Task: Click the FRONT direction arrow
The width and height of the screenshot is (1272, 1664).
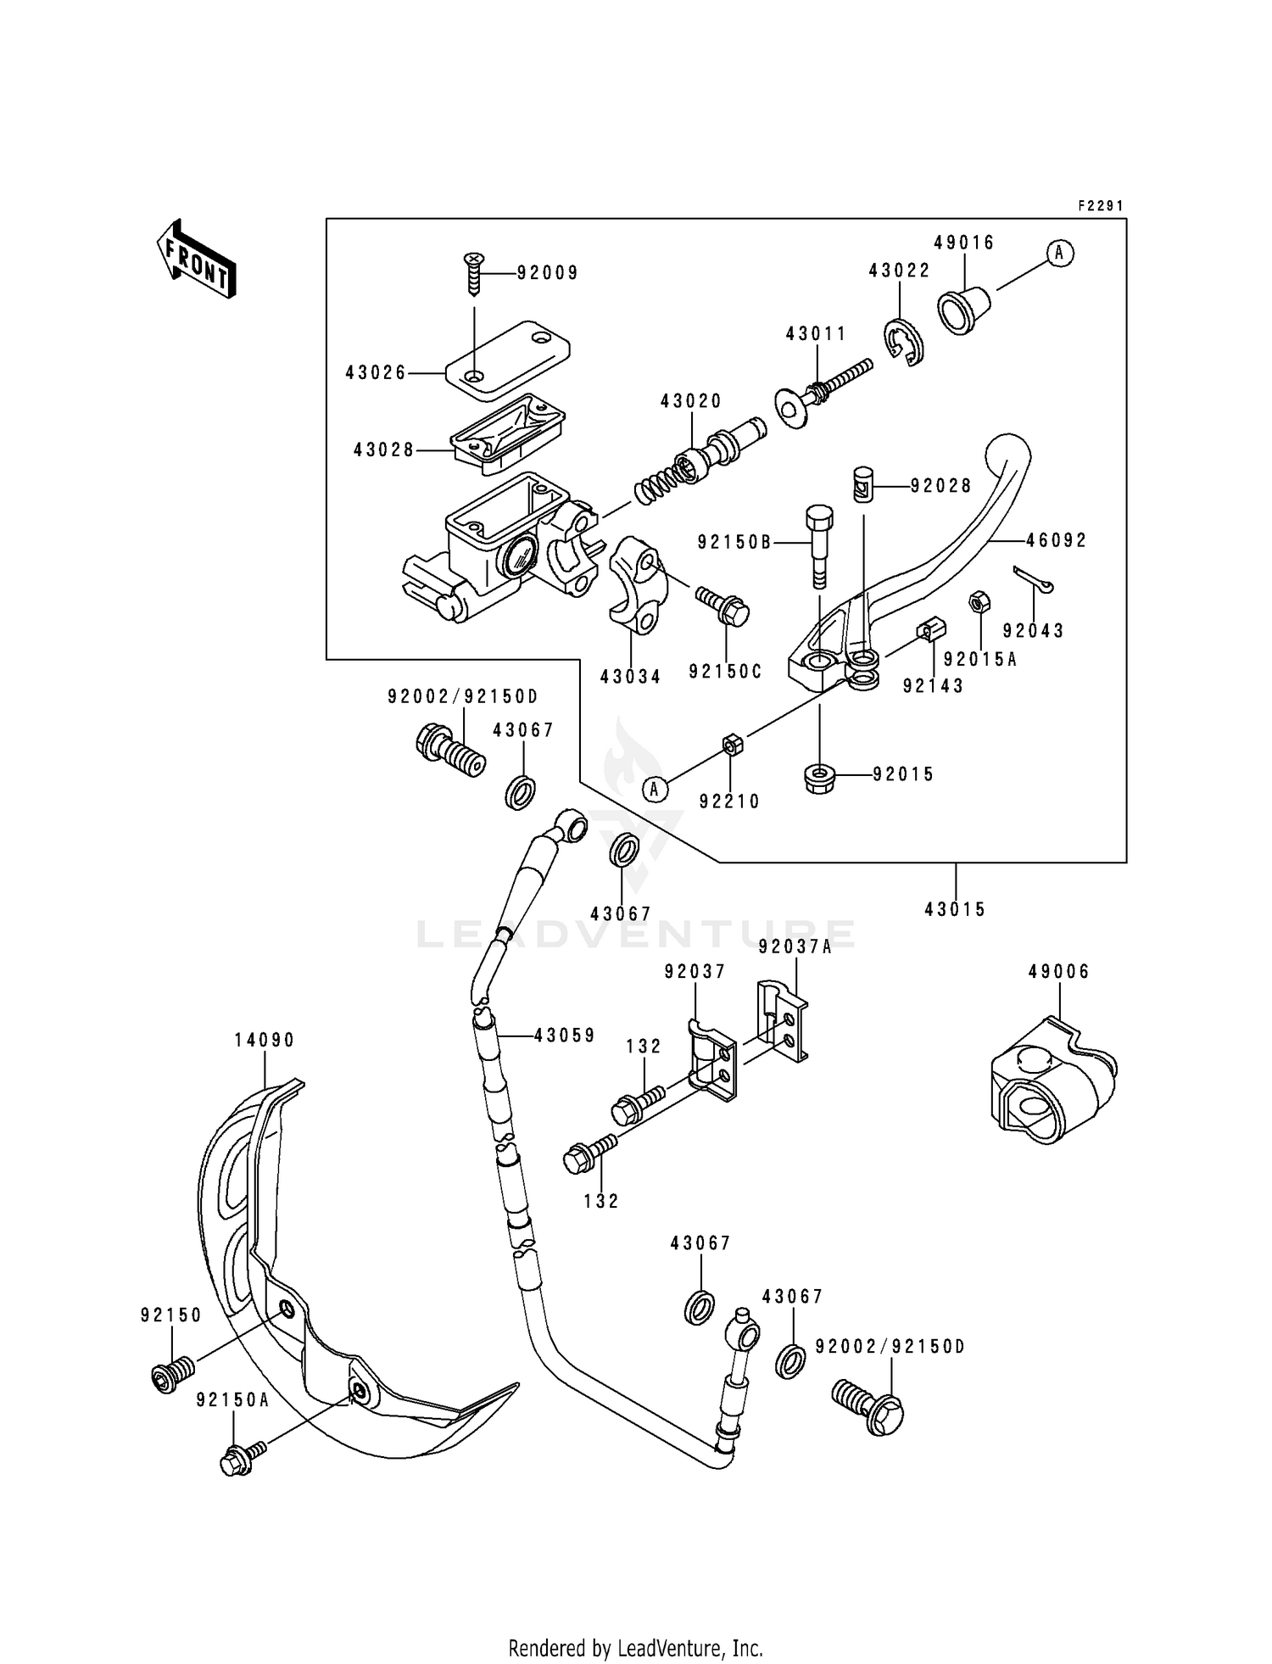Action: pyautogui.click(x=196, y=259)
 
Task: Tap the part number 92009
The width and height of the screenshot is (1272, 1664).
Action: pyautogui.click(x=548, y=273)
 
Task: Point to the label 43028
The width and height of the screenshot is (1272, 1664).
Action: pyautogui.click(x=383, y=450)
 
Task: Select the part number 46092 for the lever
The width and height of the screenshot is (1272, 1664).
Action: pyautogui.click(x=1056, y=540)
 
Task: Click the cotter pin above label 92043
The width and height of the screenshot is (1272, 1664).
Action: pyautogui.click(x=1034, y=580)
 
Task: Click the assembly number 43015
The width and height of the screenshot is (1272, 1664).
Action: pyautogui.click(x=955, y=909)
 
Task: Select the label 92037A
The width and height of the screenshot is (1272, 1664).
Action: pyautogui.click(x=795, y=947)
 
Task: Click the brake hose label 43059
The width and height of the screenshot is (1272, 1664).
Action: pyautogui.click(x=565, y=1035)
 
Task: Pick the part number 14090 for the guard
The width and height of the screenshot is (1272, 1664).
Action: pyautogui.click(x=265, y=1040)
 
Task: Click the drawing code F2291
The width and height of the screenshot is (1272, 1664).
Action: pyautogui.click(x=1100, y=206)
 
